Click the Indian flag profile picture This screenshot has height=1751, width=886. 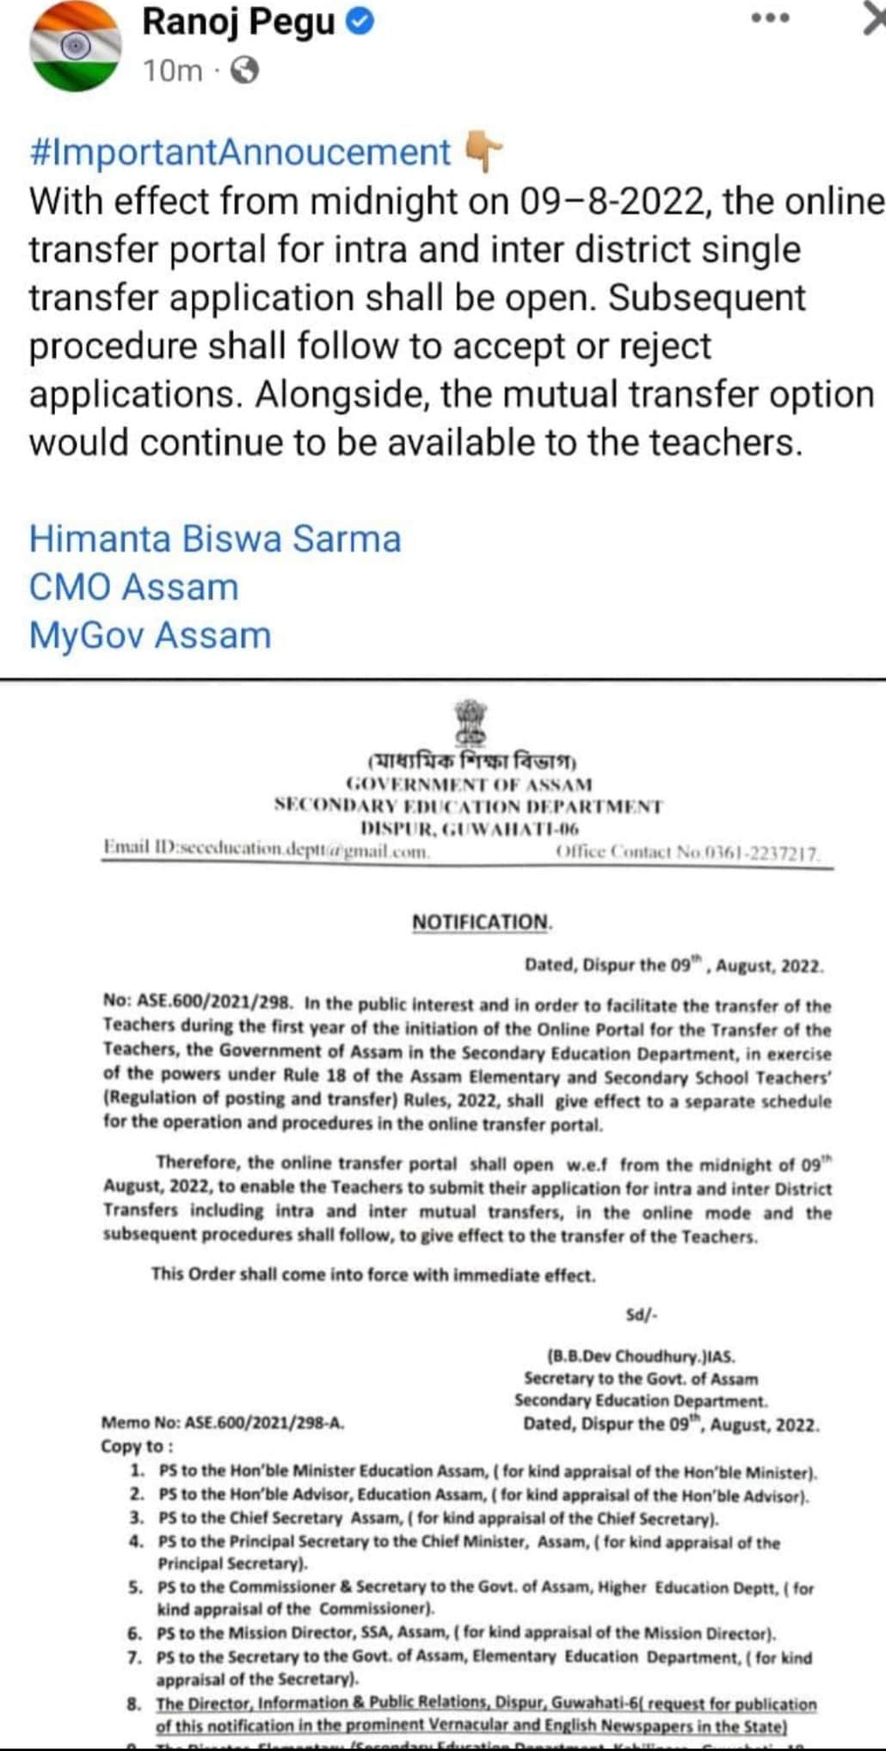click(x=76, y=46)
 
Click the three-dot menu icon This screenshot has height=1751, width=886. click(x=770, y=17)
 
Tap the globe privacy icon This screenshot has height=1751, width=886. click(x=245, y=70)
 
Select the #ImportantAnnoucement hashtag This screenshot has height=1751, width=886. click(x=240, y=152)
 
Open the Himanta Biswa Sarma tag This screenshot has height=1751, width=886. click(x=215, y=539)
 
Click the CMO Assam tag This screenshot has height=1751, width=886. click(x=134, y=587)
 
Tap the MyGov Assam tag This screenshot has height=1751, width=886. click(x=151, y=635)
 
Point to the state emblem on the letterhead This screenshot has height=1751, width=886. click(x=471, y=722)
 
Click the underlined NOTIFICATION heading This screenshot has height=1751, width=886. click(x=481, y=922)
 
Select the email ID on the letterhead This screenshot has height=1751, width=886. click(x=267, y=849)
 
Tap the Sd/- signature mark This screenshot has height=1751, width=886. click(x=642, y=1314)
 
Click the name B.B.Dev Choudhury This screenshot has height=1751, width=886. click(x=640, y=1356)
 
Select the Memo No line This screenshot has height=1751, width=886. click(x=223, y=1422)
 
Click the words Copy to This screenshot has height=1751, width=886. click(x=137, y=1446)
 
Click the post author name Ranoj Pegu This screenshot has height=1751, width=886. click(x=238, y=22)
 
